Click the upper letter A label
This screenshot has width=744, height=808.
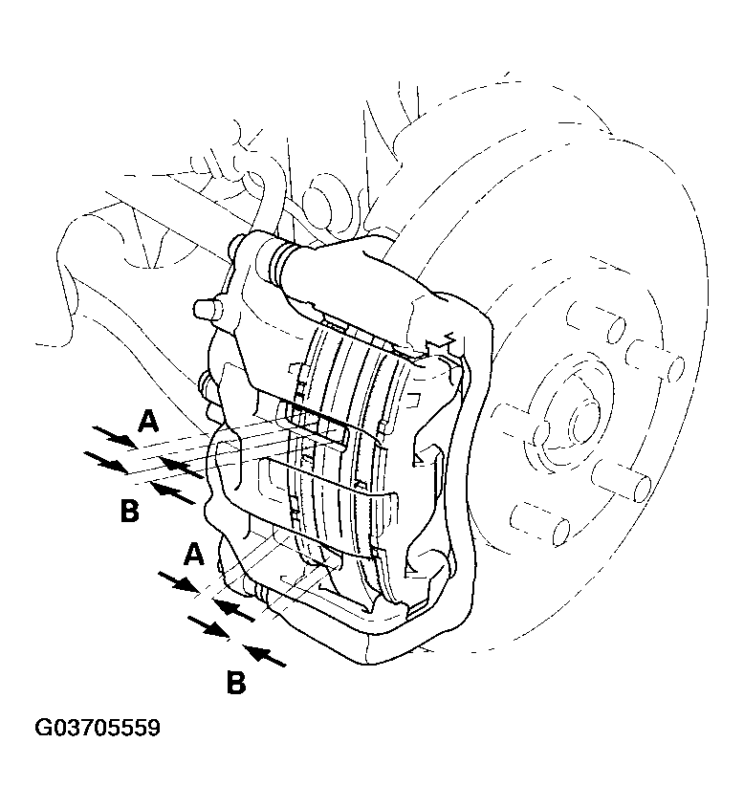click(148, 421)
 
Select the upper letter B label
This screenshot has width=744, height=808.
click(130, 512)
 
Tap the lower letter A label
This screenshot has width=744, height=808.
click(194, 554)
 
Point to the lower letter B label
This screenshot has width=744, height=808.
click(236, 683)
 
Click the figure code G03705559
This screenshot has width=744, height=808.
click(98, 728)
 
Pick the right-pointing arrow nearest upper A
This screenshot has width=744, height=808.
click(115, 436)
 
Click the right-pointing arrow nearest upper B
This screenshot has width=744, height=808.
click(105, 462)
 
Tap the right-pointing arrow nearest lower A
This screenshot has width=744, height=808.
click(179, 582)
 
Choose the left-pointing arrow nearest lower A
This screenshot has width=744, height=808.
click(234, 610)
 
